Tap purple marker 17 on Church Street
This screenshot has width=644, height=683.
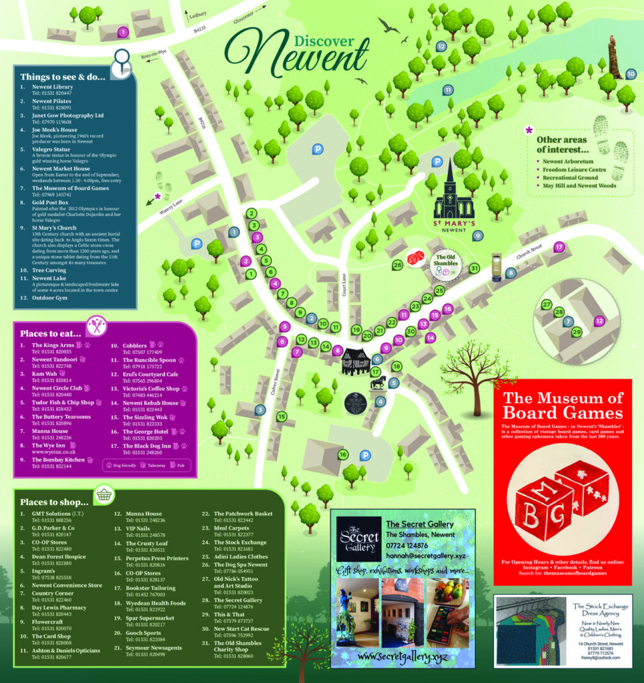point(559,247)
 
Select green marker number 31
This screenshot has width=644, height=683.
point(474,268)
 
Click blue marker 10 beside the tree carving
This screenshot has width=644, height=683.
point(631,74)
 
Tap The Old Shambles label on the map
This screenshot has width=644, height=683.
point(446,259)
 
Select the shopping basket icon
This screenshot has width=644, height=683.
point(103,495)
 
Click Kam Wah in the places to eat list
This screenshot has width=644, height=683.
point(45,374)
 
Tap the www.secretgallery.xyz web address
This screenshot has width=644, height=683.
point(402,657)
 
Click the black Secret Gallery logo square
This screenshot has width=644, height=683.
point(358,539)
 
